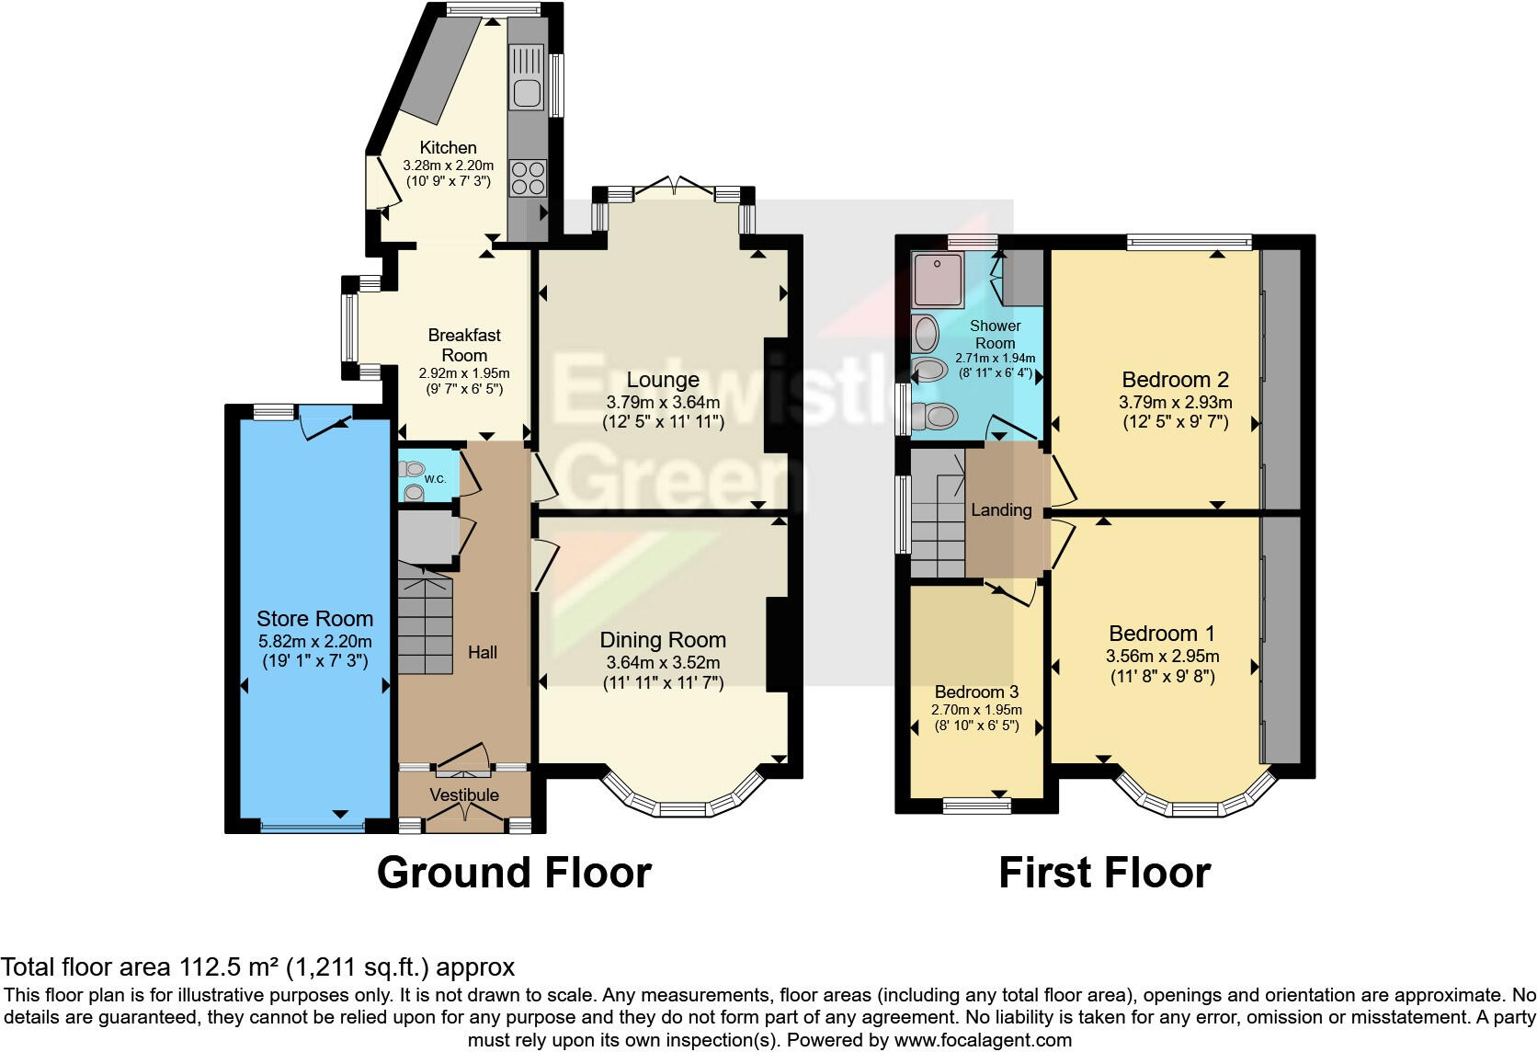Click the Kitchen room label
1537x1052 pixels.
448,147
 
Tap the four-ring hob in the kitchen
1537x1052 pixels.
528,177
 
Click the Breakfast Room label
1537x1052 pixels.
464,345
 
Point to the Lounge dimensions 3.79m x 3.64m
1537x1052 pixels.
662,402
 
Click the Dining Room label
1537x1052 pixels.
662,640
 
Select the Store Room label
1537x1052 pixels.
314,619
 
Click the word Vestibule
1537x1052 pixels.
464,795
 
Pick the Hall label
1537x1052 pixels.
483,652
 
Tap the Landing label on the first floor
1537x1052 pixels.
1001,510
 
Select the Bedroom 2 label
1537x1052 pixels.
1175,380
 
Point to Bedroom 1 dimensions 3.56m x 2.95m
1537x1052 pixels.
1162,657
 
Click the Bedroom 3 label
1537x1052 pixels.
976,692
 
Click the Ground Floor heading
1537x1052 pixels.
514,873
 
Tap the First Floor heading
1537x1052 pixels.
1104,873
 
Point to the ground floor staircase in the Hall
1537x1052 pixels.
426,625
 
